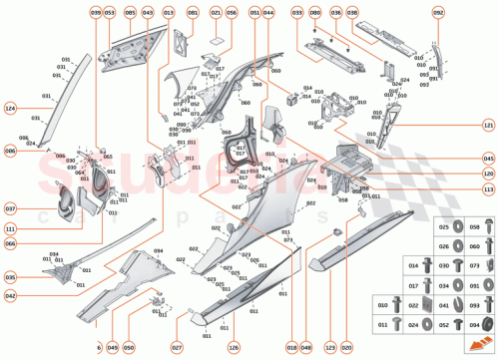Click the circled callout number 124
tap(11, 107)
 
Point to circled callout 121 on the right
tap(488, 127)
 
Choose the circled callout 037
tap(11, 208)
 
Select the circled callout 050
tap(129, 347)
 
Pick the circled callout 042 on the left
tap(11, 296)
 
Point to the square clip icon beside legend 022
tap(428, 305)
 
